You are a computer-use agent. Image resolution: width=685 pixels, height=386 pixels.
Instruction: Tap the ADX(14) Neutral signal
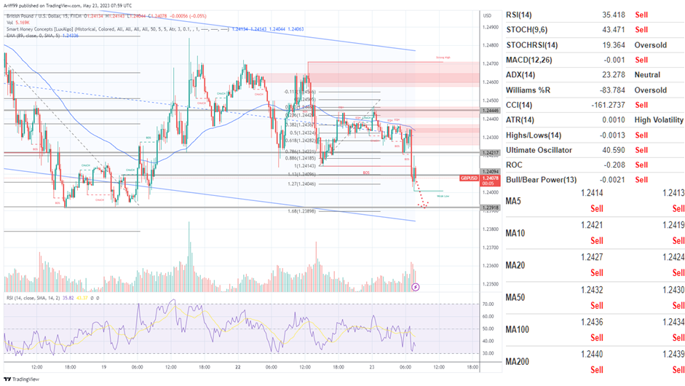tap(647, 75)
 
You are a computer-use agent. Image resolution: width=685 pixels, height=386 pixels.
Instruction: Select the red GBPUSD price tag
tap(470, 178)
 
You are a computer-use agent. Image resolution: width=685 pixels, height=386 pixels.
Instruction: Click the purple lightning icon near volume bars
tap(415, 287)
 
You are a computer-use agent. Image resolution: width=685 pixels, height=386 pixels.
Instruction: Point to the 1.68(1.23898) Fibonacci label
tap(303, 210)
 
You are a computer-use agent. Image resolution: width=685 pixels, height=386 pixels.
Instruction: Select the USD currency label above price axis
tap(466, 14)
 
